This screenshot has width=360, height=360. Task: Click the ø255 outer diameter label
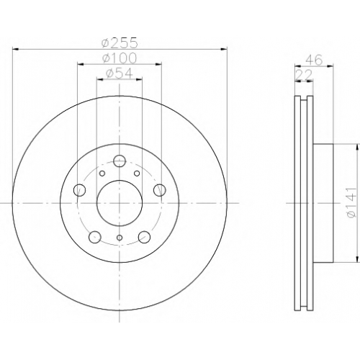[120, 42]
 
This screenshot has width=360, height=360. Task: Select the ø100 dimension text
[120, 58]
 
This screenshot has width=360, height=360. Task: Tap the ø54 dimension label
[120, 73]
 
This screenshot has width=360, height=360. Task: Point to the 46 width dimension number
[315, 60]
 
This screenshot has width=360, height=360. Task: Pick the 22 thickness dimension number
[304, 75]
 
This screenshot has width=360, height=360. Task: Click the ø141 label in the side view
[352, 203]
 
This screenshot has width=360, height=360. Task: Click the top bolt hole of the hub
[120, 161]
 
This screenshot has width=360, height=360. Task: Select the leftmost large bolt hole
[79, 190]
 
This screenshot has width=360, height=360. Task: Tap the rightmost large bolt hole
[160, 190]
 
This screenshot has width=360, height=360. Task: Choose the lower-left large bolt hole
[94, 237]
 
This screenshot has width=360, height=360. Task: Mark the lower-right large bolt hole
[144, 237]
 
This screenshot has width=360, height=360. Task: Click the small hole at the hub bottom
[120, 238]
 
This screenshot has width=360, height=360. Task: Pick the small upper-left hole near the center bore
[102, 174]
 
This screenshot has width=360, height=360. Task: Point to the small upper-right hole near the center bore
[137, 174]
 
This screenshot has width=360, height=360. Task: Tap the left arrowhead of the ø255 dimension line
[15, 49]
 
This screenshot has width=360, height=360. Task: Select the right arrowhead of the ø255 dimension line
[224, 49]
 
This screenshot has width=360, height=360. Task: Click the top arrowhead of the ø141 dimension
[358, 147]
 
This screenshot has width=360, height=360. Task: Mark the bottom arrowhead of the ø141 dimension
[358, 259]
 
